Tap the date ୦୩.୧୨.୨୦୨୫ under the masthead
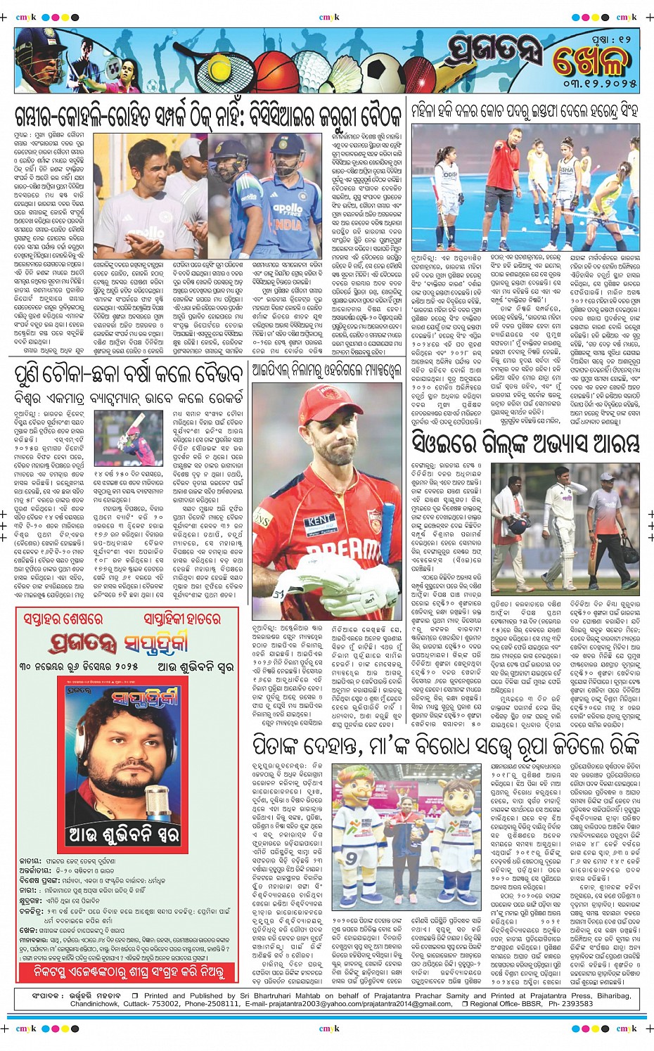(600, 84)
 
